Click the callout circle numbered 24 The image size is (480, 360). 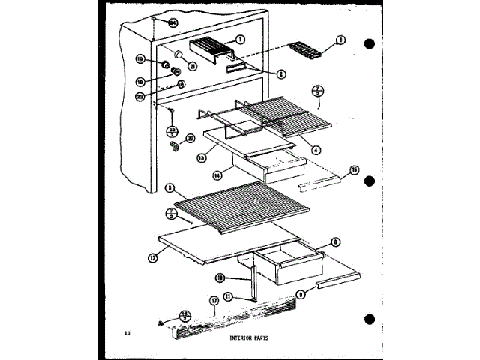tap(173, 24)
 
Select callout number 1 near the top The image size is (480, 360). tap(241, 39)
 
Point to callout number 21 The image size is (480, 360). tap(193, 66)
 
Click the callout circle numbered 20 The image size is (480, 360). tap(190, 138)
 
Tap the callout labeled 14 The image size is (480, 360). tap(216, 175)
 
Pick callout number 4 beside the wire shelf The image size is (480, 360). tap(316, 149)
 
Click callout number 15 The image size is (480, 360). tap(355, 169)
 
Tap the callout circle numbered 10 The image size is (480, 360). tap(219, 277)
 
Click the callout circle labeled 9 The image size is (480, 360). tap(301, 295)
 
